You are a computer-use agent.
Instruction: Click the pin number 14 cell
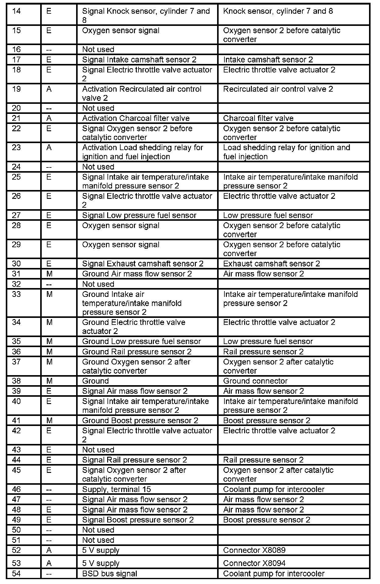(x=16, y=12)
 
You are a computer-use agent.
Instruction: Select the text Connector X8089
(x=254, y=550)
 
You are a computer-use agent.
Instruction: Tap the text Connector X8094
(x=254, y=563)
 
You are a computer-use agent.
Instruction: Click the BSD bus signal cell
(x=110, y=574)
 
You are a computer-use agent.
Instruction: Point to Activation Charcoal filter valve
(x=136, y=118)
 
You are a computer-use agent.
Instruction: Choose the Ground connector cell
(x=255, y=381)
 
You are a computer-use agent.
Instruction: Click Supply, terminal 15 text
(x=117, y=489)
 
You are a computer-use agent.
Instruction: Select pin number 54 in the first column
(x=16, y=574)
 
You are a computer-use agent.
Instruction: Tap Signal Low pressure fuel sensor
(x=139, y=215)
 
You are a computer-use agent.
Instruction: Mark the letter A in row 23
(x=49, y=148)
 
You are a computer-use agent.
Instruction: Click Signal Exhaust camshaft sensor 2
(x=143, y=264)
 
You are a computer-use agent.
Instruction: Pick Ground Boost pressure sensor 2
(x=140, y=420)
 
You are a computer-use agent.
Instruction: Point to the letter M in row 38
(x=49, y=381)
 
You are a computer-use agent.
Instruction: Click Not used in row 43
(x=98, y=450)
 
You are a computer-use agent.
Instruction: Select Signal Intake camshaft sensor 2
(x=139, y=60)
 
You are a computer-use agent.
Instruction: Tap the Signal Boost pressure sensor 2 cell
(x=138, y=520)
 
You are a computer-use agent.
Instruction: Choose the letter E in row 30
(x=49, y=264)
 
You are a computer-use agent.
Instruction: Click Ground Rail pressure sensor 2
(x=137, y=352)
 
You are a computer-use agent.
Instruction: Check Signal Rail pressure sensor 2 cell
(x=135, y=460)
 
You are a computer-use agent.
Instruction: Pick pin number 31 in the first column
(x=16, y=274)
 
